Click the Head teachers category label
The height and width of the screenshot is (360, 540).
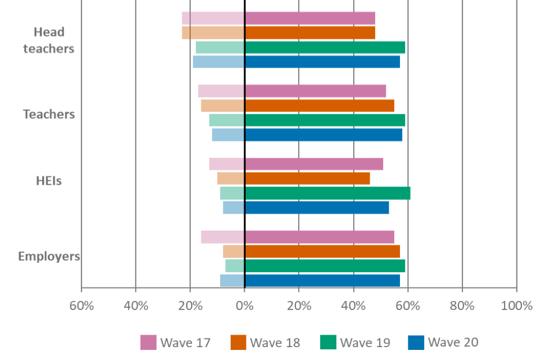[x=48, y=40]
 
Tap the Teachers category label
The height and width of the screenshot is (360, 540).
[x=49, y=114]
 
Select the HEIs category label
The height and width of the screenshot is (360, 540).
[x=49, y=181]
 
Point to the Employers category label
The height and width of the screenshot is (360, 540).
[x=49, y=256]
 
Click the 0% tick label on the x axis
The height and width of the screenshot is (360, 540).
[x=244, y=306]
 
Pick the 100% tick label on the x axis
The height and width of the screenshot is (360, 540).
[x=516, y=306]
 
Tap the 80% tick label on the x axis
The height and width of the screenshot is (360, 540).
[x=462, y=306]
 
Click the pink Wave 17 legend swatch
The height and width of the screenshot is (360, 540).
[x=148, y=342]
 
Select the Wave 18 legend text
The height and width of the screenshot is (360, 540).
[x=275, y=343]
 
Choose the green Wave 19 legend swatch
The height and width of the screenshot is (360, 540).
[x=328, y=342]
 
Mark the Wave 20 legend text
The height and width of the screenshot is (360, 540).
[x=453, y=343]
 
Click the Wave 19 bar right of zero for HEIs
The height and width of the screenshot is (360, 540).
[x=327, y=193]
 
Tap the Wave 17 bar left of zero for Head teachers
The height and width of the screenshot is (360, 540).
[x=213, y=19]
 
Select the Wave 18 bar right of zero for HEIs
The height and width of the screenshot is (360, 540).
[x=307, y=178]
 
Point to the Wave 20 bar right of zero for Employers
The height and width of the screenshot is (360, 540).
[x=322, y=280]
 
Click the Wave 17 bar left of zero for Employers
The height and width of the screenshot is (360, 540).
[x=223, y=237]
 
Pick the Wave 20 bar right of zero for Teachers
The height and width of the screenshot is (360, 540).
[x=323, y=135]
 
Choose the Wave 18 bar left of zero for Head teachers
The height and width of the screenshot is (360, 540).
[x=213, y=33]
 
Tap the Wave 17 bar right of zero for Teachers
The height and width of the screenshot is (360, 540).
[x=316, y=91]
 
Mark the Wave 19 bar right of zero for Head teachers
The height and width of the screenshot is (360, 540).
[x=325, y=47]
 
